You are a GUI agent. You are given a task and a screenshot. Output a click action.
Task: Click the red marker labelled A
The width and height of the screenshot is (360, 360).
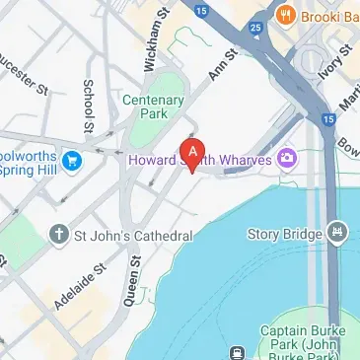coord(193,153)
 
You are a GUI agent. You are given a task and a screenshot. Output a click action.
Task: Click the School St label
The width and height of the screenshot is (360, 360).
coord(88,106)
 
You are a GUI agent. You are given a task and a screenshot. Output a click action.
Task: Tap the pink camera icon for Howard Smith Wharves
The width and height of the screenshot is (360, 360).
coord(288,157)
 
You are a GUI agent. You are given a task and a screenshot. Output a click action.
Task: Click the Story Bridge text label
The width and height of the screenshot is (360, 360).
coord(287,234)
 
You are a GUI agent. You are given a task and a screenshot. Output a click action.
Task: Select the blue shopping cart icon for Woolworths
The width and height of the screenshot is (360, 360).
coord(71,158)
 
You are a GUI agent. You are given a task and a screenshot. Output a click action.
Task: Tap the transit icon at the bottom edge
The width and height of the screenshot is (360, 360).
coord(238,352)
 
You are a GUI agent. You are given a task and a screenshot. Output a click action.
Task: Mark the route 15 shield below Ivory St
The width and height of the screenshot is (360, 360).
coord(326,117)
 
